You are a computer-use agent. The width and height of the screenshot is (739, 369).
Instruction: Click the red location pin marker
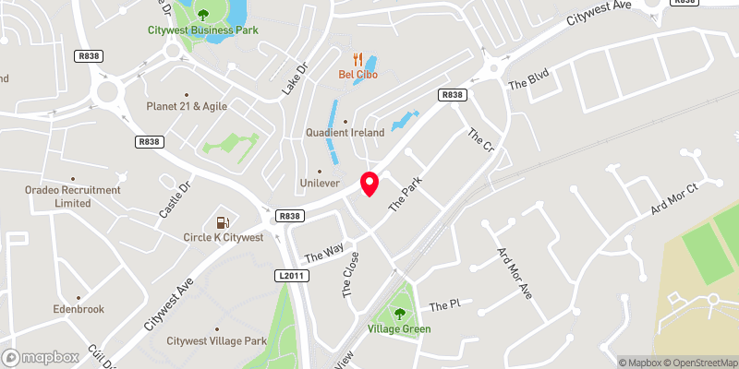369,184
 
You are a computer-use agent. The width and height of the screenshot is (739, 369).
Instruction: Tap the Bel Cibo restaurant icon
357,58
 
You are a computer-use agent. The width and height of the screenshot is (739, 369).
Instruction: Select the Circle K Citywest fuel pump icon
222,222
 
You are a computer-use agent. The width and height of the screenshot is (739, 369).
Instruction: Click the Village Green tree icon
399,312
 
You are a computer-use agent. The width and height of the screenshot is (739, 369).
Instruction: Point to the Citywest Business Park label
203,30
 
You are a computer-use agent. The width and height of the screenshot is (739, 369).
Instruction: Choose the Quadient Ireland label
345,133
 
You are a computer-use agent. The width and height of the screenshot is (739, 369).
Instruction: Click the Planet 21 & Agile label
186,106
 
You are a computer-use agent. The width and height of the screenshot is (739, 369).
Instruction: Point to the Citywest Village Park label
216,341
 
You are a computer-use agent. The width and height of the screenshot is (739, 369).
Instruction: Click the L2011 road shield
289,276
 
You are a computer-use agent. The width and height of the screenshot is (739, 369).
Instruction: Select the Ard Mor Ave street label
515,273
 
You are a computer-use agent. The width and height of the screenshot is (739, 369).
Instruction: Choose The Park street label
405,195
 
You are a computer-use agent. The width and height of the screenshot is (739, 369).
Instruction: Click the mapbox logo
40,357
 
